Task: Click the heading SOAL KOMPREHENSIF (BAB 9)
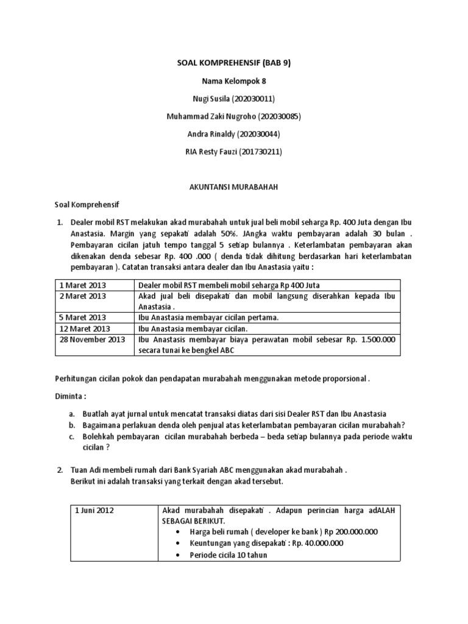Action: (x=233, y=62)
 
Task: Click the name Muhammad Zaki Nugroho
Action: (x=208, y=116)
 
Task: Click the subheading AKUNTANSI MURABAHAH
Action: (x=233, y=188)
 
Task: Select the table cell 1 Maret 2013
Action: (x=82, y=285)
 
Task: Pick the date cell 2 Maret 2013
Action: (x=82, y=296)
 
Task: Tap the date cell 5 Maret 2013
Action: (x=82, y=317)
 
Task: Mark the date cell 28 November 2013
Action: (x=92, y=339)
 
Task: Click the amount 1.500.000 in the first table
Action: (x=379, y=339)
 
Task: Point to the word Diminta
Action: (x=71, y=395)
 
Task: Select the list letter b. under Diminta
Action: (x=71, y=425)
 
